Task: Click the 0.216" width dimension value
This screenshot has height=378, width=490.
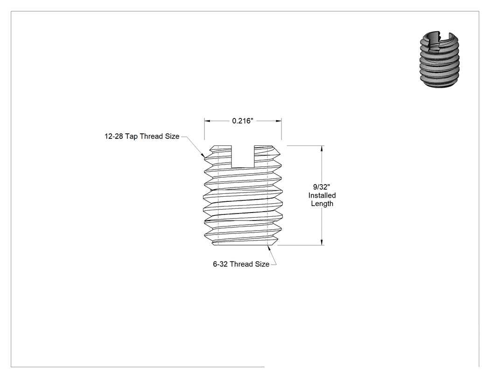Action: tap(243, 121)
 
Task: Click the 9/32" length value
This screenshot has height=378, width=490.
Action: tap(322, 187)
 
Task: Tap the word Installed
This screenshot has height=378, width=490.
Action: tap(322, 195)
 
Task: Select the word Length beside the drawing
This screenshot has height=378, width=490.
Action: tap(322, 204)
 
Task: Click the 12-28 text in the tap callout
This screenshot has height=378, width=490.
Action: tap(114, 137)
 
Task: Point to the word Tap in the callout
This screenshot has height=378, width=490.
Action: tap(131, 137)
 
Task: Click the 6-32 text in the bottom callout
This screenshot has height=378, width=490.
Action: tap(220, 264)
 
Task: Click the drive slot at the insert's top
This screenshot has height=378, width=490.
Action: tap(243, 157)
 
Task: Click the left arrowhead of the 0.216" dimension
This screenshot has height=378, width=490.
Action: tap(207, 121)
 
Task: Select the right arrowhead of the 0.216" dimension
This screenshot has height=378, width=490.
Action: tap(279, 121)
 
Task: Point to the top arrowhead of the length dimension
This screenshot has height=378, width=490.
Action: tap(322, 148)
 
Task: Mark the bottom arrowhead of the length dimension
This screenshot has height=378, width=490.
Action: tap(322, 242)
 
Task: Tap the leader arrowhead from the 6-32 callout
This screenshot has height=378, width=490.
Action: tap(269, 248)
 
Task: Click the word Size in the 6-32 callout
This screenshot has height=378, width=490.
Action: tap(262, 264)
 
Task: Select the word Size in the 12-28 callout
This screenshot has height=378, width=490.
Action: tap(172, 137)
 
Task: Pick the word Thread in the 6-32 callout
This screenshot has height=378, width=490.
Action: tap(241, 264)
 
